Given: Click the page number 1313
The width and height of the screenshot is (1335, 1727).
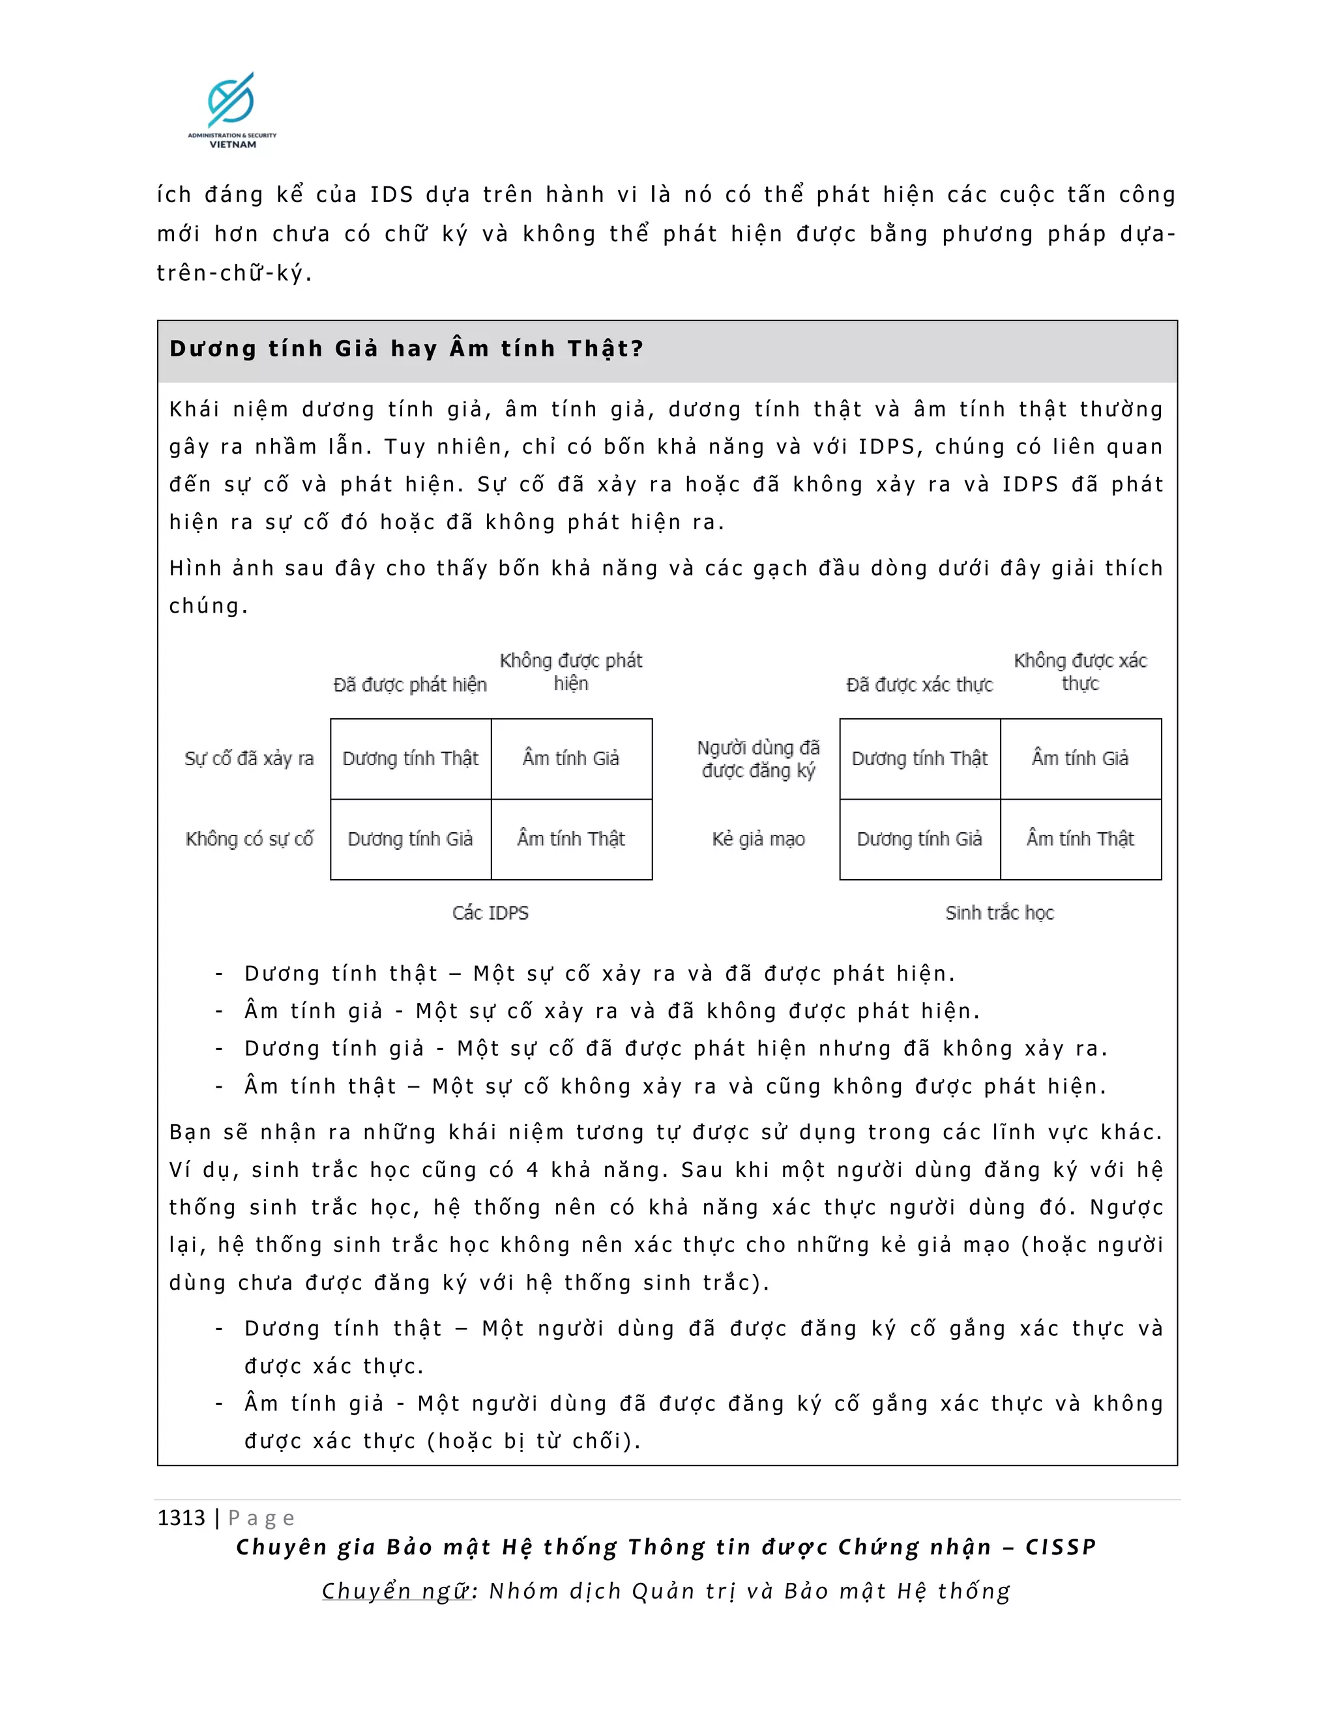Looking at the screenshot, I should click(181, 1517).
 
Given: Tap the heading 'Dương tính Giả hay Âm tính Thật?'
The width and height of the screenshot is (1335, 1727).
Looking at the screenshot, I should click(407, 349).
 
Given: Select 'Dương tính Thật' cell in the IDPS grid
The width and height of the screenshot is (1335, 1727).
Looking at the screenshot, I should click(411, 759).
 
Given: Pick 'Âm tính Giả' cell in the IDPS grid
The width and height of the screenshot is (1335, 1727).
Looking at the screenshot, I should click(571, 759).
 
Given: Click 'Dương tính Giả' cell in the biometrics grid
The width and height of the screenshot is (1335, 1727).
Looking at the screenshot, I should click(919, 839).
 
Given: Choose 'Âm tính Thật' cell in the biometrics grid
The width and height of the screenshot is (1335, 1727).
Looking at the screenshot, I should click(1079, 839).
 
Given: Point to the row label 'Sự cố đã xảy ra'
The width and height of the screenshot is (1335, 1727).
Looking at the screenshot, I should click(249, 759).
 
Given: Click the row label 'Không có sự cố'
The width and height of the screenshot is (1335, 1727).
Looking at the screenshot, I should click(249, 839).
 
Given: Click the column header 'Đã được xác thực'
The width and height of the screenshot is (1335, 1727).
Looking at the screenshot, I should click(919, 685).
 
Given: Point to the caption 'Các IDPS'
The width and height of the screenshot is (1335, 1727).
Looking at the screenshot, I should click(490, 912).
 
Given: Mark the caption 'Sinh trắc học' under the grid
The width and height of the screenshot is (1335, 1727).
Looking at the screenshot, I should click(1000, 912).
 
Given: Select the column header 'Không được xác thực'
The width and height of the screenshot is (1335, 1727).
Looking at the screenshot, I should click(1079, 672).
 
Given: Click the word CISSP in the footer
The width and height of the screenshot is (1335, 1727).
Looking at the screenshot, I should click(1061, 1548).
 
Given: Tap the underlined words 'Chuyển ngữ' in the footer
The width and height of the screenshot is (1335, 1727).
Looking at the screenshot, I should click(396, 1591).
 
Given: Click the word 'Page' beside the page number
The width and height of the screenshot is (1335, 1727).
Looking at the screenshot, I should click(261, 1518).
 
